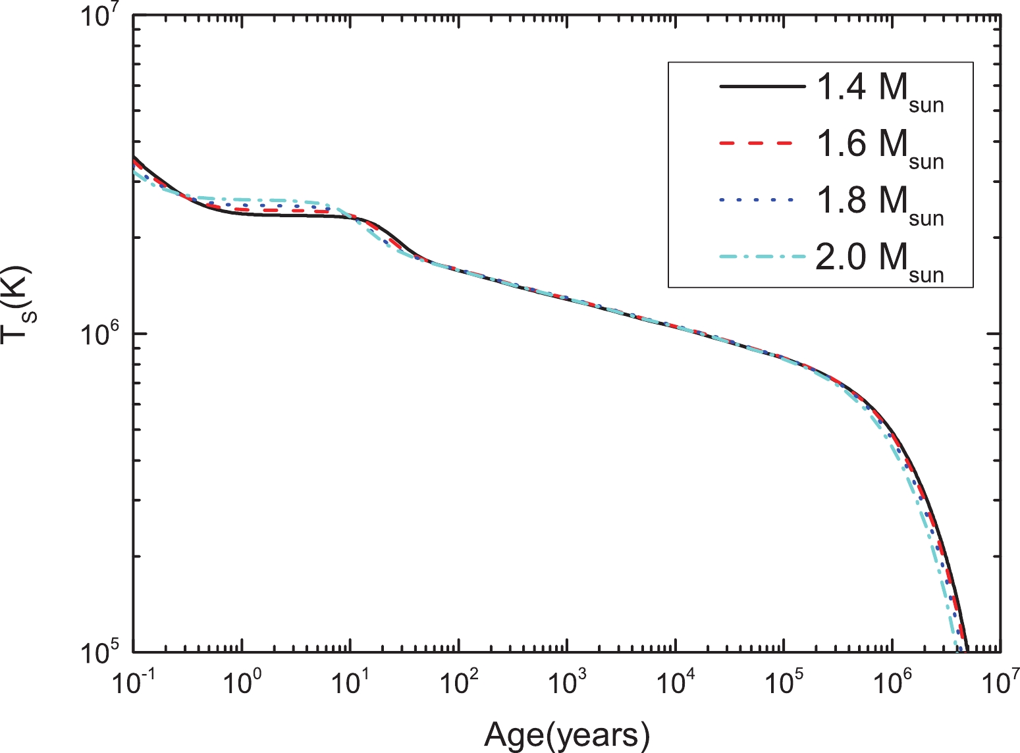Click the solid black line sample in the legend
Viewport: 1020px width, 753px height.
coord(763,87)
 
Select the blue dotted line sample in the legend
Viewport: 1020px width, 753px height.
coord(763,199)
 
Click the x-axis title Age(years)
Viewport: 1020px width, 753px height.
coord(567,735)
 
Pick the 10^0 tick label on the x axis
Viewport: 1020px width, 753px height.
coord(243,685)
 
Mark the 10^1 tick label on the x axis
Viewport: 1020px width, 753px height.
coord(351,685)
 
